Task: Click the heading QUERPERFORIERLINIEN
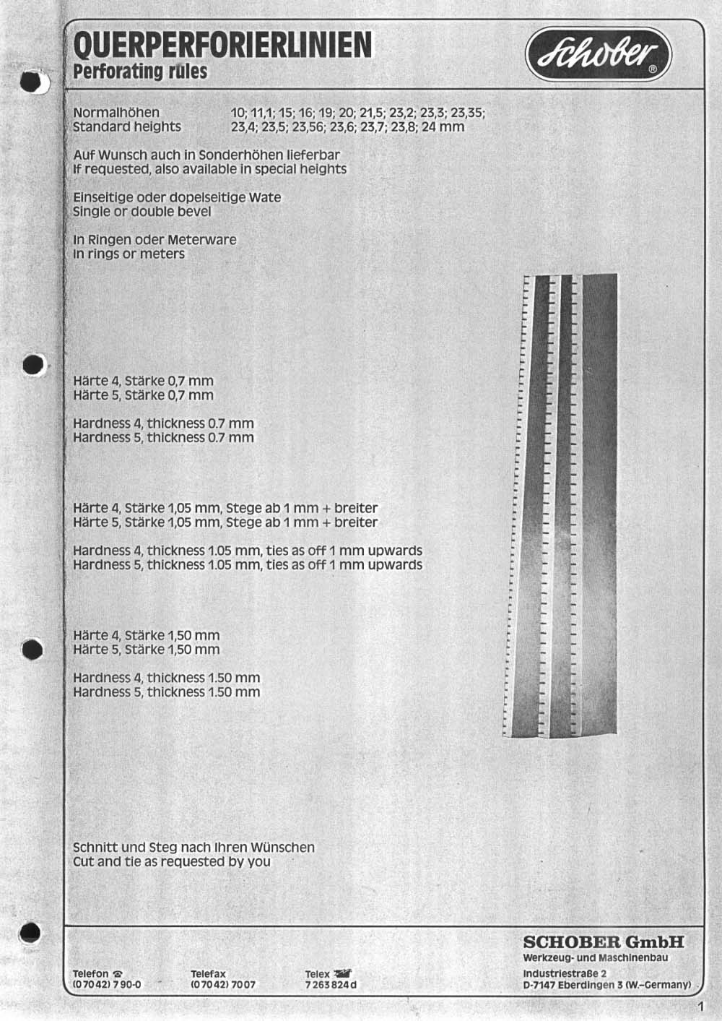(x=223, y=46)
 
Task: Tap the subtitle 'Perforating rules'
(x=140, y=72)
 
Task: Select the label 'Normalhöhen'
(x=116, y=113)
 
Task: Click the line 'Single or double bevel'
(x=142, y=212)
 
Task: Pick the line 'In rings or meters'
(x=129, y=254)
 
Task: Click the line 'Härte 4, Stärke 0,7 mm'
(x=143, y=381)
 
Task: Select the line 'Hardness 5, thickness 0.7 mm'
(x=163, y=438)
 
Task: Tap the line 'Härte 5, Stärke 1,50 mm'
(x=146, y=650)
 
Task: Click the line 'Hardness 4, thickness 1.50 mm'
(x=166, y=678)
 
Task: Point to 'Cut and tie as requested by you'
(x=172, y=861)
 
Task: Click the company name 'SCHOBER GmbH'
(x=603, y=942)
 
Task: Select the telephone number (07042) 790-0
(x=107, y=985)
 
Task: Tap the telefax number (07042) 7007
(x=223, y=985)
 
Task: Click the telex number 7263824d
(x=331, y=985)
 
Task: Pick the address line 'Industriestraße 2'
(x=565, y=973)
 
